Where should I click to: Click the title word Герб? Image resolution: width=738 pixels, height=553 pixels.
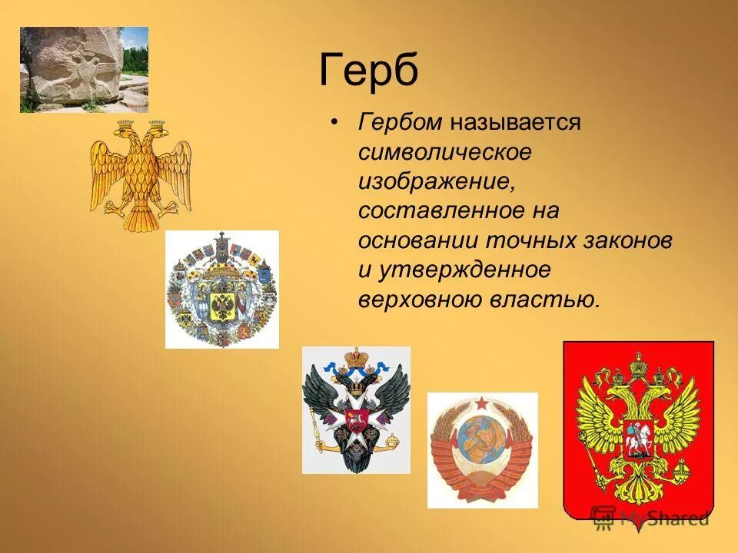368,71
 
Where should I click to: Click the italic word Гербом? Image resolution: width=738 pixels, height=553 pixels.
399,123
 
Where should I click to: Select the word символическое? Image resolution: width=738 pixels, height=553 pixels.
444,152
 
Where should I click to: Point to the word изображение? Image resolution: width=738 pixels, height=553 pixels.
434,181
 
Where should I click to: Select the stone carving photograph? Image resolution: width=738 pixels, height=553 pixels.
84,70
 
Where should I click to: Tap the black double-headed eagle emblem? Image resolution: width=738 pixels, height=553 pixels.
356,409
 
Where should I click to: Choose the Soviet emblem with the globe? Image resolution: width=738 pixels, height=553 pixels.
482,450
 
